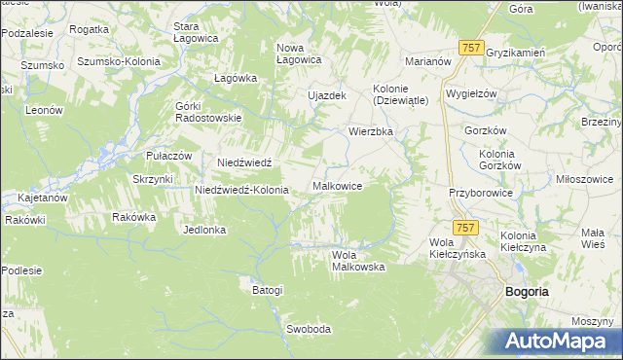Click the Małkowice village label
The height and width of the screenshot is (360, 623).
coord(338,186)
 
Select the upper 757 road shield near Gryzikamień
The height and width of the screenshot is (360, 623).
coord(472,47)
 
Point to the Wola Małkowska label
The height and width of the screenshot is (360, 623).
coord(358,260)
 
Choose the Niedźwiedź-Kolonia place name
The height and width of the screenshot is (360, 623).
coord(241,190)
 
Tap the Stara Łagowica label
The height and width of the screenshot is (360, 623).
coord(195,32)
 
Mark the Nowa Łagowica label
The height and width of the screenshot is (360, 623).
coord(299,53)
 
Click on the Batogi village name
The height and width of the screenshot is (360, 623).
coord(267,290)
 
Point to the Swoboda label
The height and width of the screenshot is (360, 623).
coord(309,329)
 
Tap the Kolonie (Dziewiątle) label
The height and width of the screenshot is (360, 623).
coord(401,94)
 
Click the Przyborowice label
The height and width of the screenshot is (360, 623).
coord(480,193)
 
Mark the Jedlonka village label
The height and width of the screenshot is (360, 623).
coord(204,230)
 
